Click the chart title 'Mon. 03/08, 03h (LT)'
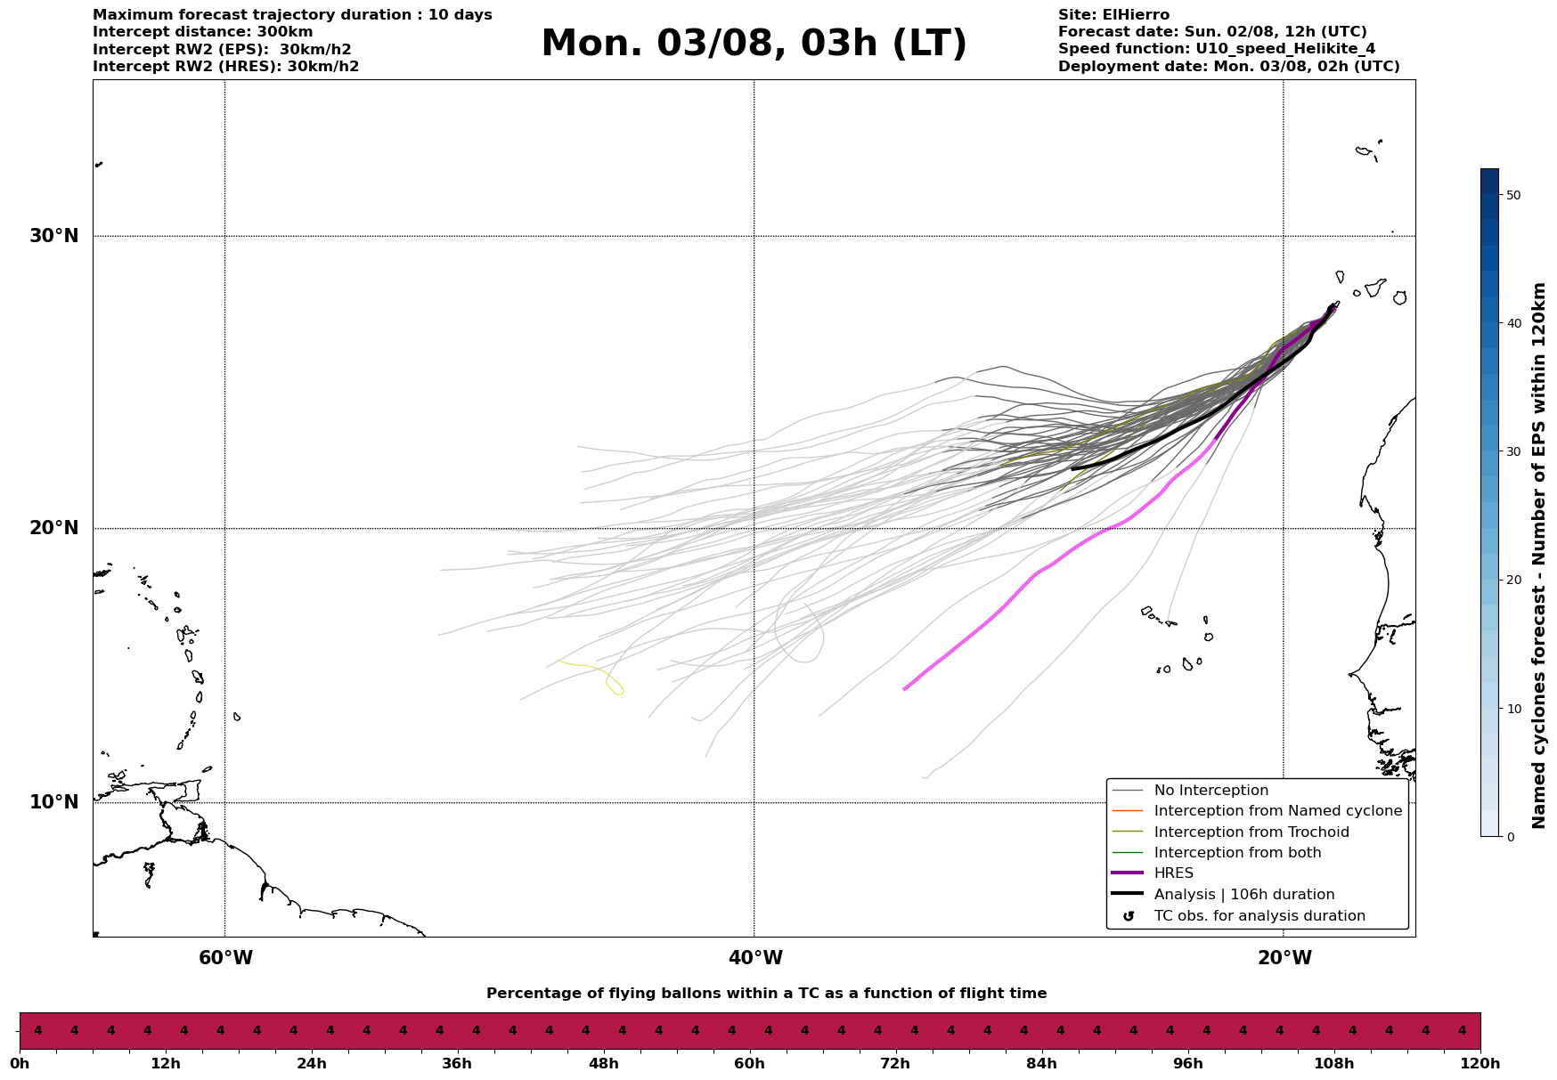pyautogui.click(x=754, y=44)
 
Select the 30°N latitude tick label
pyautogui.click(x=54, y=236)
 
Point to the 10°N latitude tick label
pyautogui.click(x=54, y=802)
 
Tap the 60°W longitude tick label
pyautogui.click(x=225, y=958)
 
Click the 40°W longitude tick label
pyautogui.click(x=755, y=958)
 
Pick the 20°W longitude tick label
pyautogui.click(x=1284, y=958)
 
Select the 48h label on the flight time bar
pyautogui.click(x=604, y=1064)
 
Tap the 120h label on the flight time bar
pyautogui.click(x=1480, y=1064)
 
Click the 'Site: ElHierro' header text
pyautogui.click(x=1113, y=15)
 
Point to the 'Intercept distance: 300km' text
pyautogui.click(x=203, y=32)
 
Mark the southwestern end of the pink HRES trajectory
pyautogui.click(x=905, y=689)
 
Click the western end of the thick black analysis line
pyautogui.click(x=1073, y=468)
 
